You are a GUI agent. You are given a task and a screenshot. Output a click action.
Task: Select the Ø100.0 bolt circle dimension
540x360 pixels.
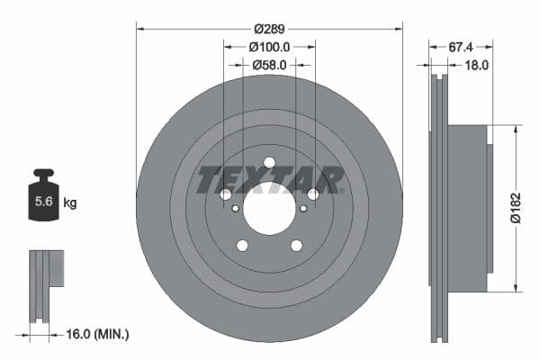[x=269, y=46]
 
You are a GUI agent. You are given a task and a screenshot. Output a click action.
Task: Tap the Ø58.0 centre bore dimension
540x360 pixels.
[x=269, y=65]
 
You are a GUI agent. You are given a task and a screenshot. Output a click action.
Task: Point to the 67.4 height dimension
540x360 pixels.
[x=462, y=46]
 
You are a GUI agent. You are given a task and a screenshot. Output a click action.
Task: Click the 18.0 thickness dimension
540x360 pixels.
[x=476, y=65]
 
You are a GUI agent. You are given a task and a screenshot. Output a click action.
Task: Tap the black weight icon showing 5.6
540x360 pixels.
[x=43, y=200]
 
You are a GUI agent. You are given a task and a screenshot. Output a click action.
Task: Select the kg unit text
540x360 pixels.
[x=70, y=203]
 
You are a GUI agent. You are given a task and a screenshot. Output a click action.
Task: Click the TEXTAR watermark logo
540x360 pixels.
[x=269, y=178]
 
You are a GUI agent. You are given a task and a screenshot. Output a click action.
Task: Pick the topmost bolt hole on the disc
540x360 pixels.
[x=269, y=163]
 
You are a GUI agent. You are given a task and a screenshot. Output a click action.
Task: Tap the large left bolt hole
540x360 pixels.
[x=225, y=194]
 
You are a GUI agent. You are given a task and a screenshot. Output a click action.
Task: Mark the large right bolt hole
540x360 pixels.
[x=313, y=194]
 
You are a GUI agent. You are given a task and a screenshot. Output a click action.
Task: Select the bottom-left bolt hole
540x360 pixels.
[x=242, y=246]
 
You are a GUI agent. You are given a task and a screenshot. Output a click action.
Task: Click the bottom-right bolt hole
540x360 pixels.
[x=296, y=246]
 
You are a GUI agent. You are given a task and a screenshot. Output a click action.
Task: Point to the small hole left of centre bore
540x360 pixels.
[x=236, y=209]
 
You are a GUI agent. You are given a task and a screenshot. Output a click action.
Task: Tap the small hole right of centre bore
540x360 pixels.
[x=302, y=209]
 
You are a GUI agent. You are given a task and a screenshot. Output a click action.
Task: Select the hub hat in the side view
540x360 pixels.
[x=468, y=209]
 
